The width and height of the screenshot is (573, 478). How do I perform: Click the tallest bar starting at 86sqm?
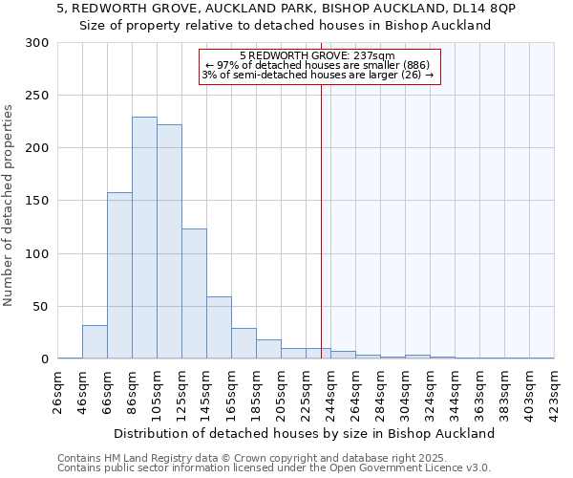(x=144, y=238)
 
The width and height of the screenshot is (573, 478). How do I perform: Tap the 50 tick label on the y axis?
(x=39, y=307)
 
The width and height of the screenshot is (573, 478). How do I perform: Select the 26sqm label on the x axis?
(x=57, y=391)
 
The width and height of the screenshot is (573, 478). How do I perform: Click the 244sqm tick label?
(x=330, y=391)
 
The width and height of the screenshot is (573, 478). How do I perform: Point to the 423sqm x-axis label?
(x=554, y=391)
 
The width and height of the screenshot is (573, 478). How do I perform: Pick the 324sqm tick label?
(x=430, y=391)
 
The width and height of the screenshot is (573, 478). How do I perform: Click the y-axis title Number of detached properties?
(x=10, y=206)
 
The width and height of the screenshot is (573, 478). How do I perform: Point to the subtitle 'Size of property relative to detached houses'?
(x=285, y=26)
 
